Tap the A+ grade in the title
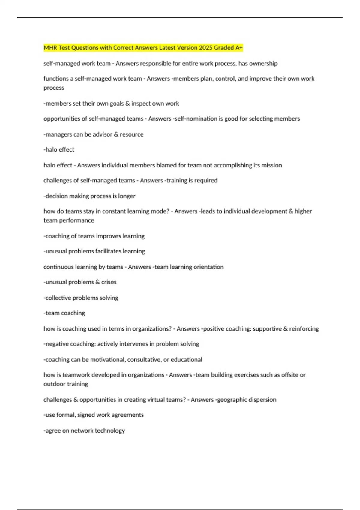click(x=239, y=48)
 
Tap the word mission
click(x=271, y=165)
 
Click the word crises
click(x=109, y=282)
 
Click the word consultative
click(x=144, y=359)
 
